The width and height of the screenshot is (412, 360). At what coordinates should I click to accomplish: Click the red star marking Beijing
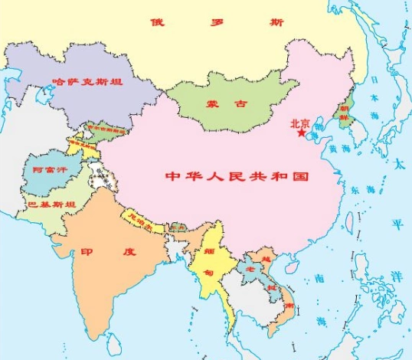[302, 133]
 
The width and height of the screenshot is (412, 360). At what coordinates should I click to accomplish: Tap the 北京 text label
[300, 122]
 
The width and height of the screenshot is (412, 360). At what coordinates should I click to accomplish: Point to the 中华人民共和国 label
[237, 176]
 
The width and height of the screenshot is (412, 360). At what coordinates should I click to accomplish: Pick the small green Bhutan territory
[177, 227]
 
